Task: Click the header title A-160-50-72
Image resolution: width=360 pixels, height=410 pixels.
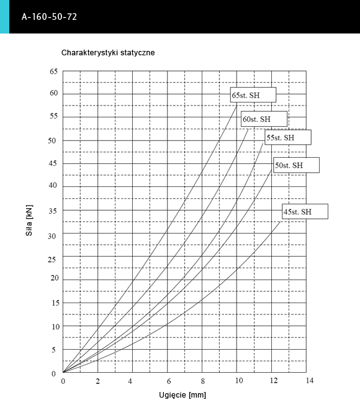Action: tap(49, 17)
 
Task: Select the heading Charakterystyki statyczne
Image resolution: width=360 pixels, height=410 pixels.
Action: tap(108, 53)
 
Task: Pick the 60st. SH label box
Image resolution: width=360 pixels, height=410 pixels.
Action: tap(264, 119)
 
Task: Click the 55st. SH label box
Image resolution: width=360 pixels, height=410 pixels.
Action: tap(288, 137)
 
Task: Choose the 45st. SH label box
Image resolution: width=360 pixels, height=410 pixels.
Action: tap(305, 212)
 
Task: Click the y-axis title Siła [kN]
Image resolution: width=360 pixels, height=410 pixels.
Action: tap(29, 221)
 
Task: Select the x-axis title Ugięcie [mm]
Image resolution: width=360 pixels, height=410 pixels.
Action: tap(182, 395)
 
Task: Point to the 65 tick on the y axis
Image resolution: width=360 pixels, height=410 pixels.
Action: tap(53, 71)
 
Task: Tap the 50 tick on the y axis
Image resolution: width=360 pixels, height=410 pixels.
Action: tap(52, 140)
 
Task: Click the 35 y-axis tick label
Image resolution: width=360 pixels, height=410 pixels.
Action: tap(53, 211)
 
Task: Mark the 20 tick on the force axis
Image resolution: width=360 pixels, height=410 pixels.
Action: tap(55, 278)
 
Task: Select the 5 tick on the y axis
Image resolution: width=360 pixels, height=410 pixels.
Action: tap(53, 350)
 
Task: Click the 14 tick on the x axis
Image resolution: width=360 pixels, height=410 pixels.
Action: tap(310, 380)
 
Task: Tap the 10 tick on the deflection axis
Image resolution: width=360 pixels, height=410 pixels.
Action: tap(239, 380)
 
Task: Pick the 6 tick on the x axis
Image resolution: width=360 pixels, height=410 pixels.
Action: tap(169, 381)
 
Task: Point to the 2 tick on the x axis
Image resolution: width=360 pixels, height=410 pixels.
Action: tap(97, 381)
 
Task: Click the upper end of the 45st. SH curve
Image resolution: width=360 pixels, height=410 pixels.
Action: tap(280, 222)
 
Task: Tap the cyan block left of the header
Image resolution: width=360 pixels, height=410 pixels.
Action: tap(4, 17)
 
